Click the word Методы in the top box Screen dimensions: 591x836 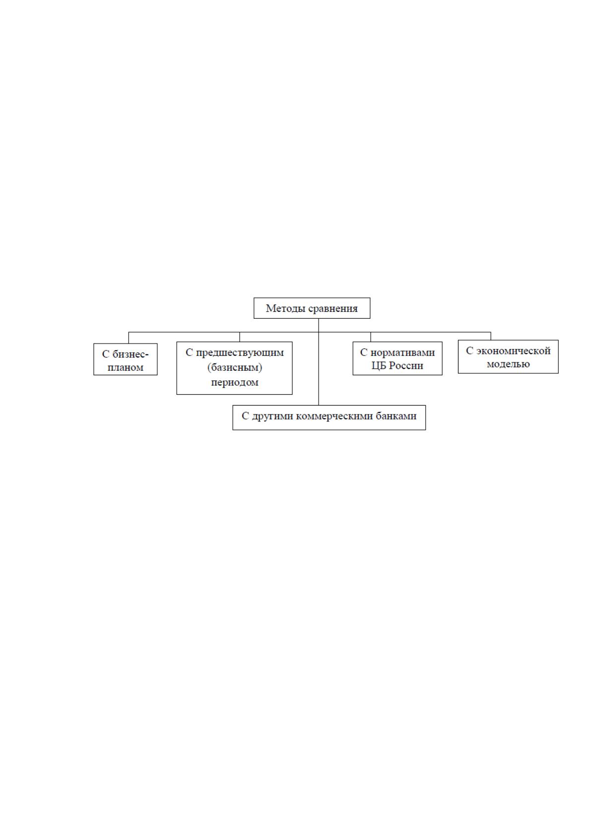pyautogui.click(x=280, y=309)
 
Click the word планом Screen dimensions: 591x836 pyautogui.click(x=126, y=368)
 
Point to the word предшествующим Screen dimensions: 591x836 pyautogui.click(x=240, y=353)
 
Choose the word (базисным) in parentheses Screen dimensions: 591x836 pyautogui.click(x=235, y=368)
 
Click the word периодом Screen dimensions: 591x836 pyautogui.click(x=235, y=383)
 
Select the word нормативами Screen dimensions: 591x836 pyautogui.click(x=402, y=352)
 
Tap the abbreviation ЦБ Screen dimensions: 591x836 pyautogui.click(x=379, y=366)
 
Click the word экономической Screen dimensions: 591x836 pyautogui.click(x=514, y=351)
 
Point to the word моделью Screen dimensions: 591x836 pyautogui.click(x=508, y=364)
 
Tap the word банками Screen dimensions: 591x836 pyautogui.click(x=396, y=416)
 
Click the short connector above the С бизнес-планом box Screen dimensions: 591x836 pyautogui.click(x=129, y=338)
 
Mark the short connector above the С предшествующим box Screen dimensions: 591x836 pyautogui.click(x=240, y=337)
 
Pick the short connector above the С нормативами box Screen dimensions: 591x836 pyautogui.click(x=371, y=337)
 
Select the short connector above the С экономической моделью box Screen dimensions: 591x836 pyautogui.click(x=491, y=336)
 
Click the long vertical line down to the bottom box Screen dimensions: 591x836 pyautogui.click(x=319, y=362)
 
